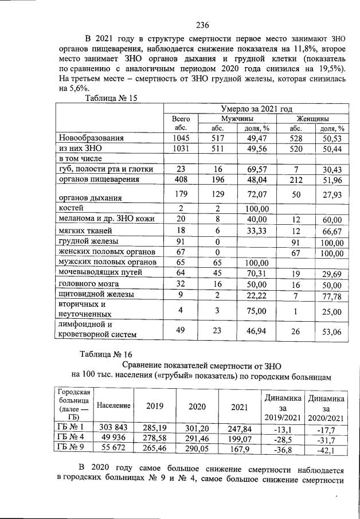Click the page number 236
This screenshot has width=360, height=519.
(x=202, y=25)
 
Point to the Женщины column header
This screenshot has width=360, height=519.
(x=312, y=118)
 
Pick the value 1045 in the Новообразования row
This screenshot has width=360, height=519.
(x=181, y=138)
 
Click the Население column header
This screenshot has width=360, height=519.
(x=114, y=405)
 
